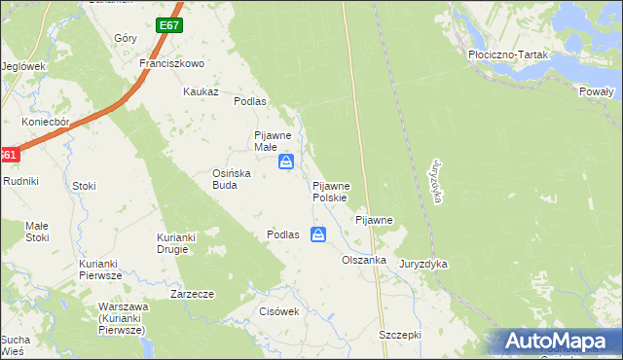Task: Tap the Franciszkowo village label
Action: click(171, 63)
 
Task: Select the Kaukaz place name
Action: click(200, 91)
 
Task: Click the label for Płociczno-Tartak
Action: click(509, 55)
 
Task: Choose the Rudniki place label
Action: click(20, 180)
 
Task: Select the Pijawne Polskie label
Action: click(338, 191)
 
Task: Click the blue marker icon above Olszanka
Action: click(318, 234)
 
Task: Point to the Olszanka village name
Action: click(364, 261)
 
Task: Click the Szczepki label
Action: click(399, 334)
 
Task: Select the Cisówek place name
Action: click(278, 312)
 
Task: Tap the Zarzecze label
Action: click(192, 293)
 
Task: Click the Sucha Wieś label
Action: click(14, 345)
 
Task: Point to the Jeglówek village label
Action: click(24, 66)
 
